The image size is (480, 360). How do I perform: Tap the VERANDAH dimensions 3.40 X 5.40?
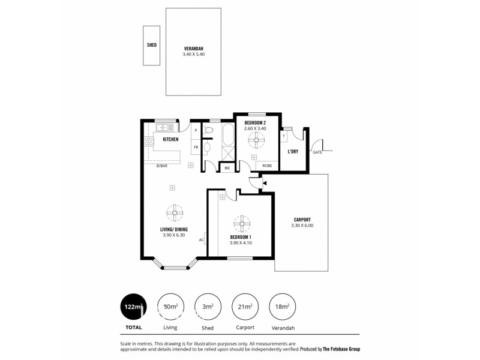point(194,55)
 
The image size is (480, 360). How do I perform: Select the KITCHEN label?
point(170,139)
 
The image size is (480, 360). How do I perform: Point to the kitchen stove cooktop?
point(148,142)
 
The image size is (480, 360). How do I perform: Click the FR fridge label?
point(196,147)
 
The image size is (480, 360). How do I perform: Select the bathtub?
point(227,136)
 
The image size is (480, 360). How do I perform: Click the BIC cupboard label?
point(227,169)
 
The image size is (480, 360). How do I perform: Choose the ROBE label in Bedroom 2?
point(267,166)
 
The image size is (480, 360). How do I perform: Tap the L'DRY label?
point(293,151)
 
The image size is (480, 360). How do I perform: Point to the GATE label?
point(317,152)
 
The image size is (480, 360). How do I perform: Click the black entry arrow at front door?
point(264,182)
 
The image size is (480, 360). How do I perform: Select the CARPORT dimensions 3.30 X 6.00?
point(302,226)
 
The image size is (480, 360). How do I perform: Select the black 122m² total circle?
point(133,307)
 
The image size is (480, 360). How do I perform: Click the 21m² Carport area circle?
point(245,307)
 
